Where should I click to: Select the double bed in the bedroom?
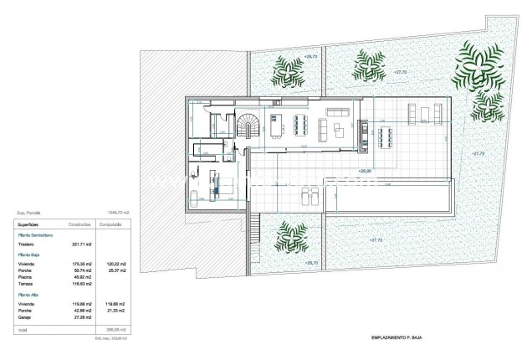click(223, 185)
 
